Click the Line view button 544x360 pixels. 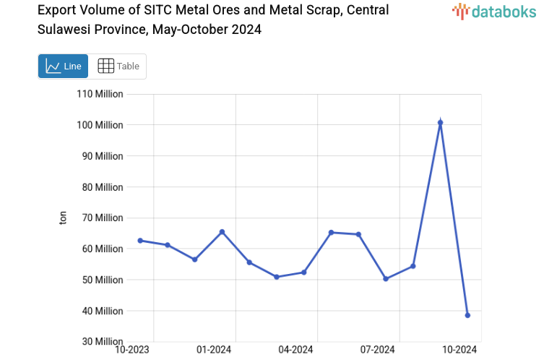pos(63,66)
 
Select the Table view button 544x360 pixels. pos(118,66)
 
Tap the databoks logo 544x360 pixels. pos(494,11)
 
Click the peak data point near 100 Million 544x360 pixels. pos(440,123)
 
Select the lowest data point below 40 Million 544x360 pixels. pos(467,315)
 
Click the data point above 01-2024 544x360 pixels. pos(222,232)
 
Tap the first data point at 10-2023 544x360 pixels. pos(140,241)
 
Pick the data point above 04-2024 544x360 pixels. pos(303,273)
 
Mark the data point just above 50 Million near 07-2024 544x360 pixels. pos(386,279)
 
